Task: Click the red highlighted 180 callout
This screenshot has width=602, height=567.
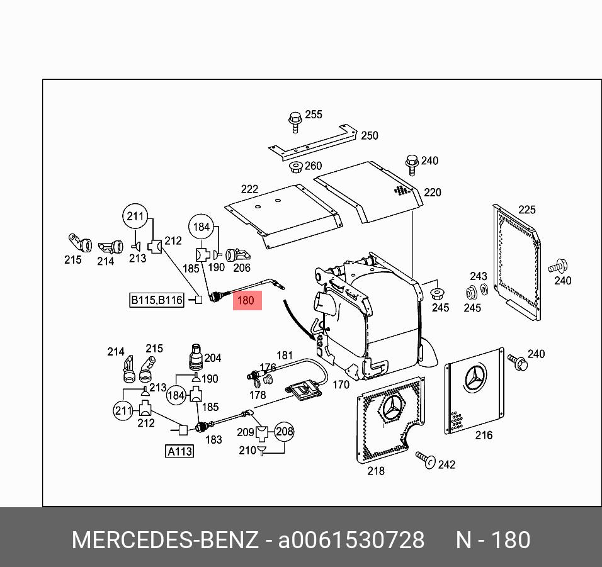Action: coord(246,301)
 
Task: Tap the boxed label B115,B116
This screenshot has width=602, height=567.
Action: coord(157,300)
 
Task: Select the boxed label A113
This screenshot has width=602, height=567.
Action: coord(179,451)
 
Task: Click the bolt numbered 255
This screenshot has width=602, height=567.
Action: coord(294,120)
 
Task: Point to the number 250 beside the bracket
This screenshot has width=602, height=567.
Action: coord(369,136)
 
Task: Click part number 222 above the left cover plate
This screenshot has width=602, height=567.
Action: coord(249,189)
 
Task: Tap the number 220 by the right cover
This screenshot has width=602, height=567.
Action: coord(433,193)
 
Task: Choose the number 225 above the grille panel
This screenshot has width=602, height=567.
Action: coord(526,210)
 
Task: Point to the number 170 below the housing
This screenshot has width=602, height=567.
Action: coord(341,384)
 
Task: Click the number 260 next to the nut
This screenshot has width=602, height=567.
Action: coord(313,166)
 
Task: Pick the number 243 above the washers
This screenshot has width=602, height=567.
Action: coord(479,276)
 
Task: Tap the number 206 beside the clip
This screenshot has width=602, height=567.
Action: coord(242,267)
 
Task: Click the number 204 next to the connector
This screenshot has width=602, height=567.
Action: coord(213,358)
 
